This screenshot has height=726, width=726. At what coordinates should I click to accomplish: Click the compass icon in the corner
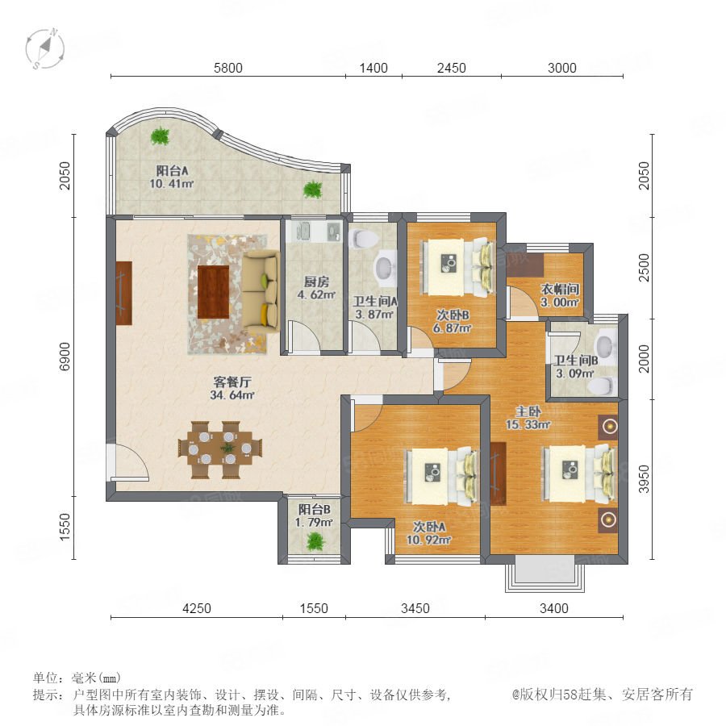45,48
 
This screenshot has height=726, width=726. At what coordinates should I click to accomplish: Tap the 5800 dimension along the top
227,68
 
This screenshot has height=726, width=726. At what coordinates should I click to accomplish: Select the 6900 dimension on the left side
65,356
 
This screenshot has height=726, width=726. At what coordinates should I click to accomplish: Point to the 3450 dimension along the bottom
415,608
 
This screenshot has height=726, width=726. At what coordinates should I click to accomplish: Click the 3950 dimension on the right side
644,478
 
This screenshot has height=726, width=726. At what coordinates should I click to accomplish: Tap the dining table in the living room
220,449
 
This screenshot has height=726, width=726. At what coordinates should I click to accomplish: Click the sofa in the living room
261,290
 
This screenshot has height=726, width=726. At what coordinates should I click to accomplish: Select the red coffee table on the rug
214,292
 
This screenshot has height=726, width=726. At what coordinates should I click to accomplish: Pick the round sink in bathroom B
604,344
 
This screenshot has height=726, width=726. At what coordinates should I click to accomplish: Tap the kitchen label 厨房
316,282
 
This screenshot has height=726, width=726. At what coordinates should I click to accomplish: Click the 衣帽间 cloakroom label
561,290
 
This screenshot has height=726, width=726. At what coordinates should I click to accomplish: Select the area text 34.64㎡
232,395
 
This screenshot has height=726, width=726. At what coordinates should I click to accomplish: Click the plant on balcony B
315,540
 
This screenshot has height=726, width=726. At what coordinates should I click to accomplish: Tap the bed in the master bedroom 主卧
580,474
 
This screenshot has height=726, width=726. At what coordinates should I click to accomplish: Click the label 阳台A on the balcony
173,170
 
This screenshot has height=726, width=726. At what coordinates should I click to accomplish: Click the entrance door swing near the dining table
127,461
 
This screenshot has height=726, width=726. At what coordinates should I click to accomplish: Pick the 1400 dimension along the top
373,68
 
